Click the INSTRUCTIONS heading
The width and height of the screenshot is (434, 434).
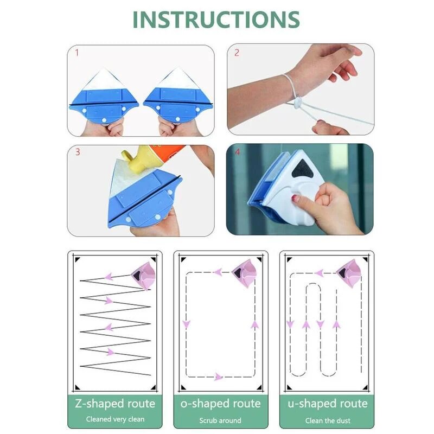pyautogui.click(x=216, y=20)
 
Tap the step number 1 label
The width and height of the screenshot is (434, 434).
pyautogui.click(x=76, y=53)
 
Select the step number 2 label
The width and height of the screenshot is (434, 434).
pyautogui.click(x=237, y=53)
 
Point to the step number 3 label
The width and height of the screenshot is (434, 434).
pyautogui.click(x=77, y=152)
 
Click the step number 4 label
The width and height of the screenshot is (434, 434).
pyautogui.click(x=237, y=153)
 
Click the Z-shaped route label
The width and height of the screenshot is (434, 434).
pyautogui.click(x=114, y=404)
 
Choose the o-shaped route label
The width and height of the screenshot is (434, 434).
pyautogui.click(x=220, y=404)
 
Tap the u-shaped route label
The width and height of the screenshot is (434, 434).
pyautogui.click(x=327, y=404)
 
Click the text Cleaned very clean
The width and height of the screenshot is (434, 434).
pyautogui.click(x=114, y=419)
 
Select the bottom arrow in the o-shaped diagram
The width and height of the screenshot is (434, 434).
pyautogui.click(x=219, y=376)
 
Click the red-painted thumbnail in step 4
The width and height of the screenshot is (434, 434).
pyautogui.click(x=296, y=199)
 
